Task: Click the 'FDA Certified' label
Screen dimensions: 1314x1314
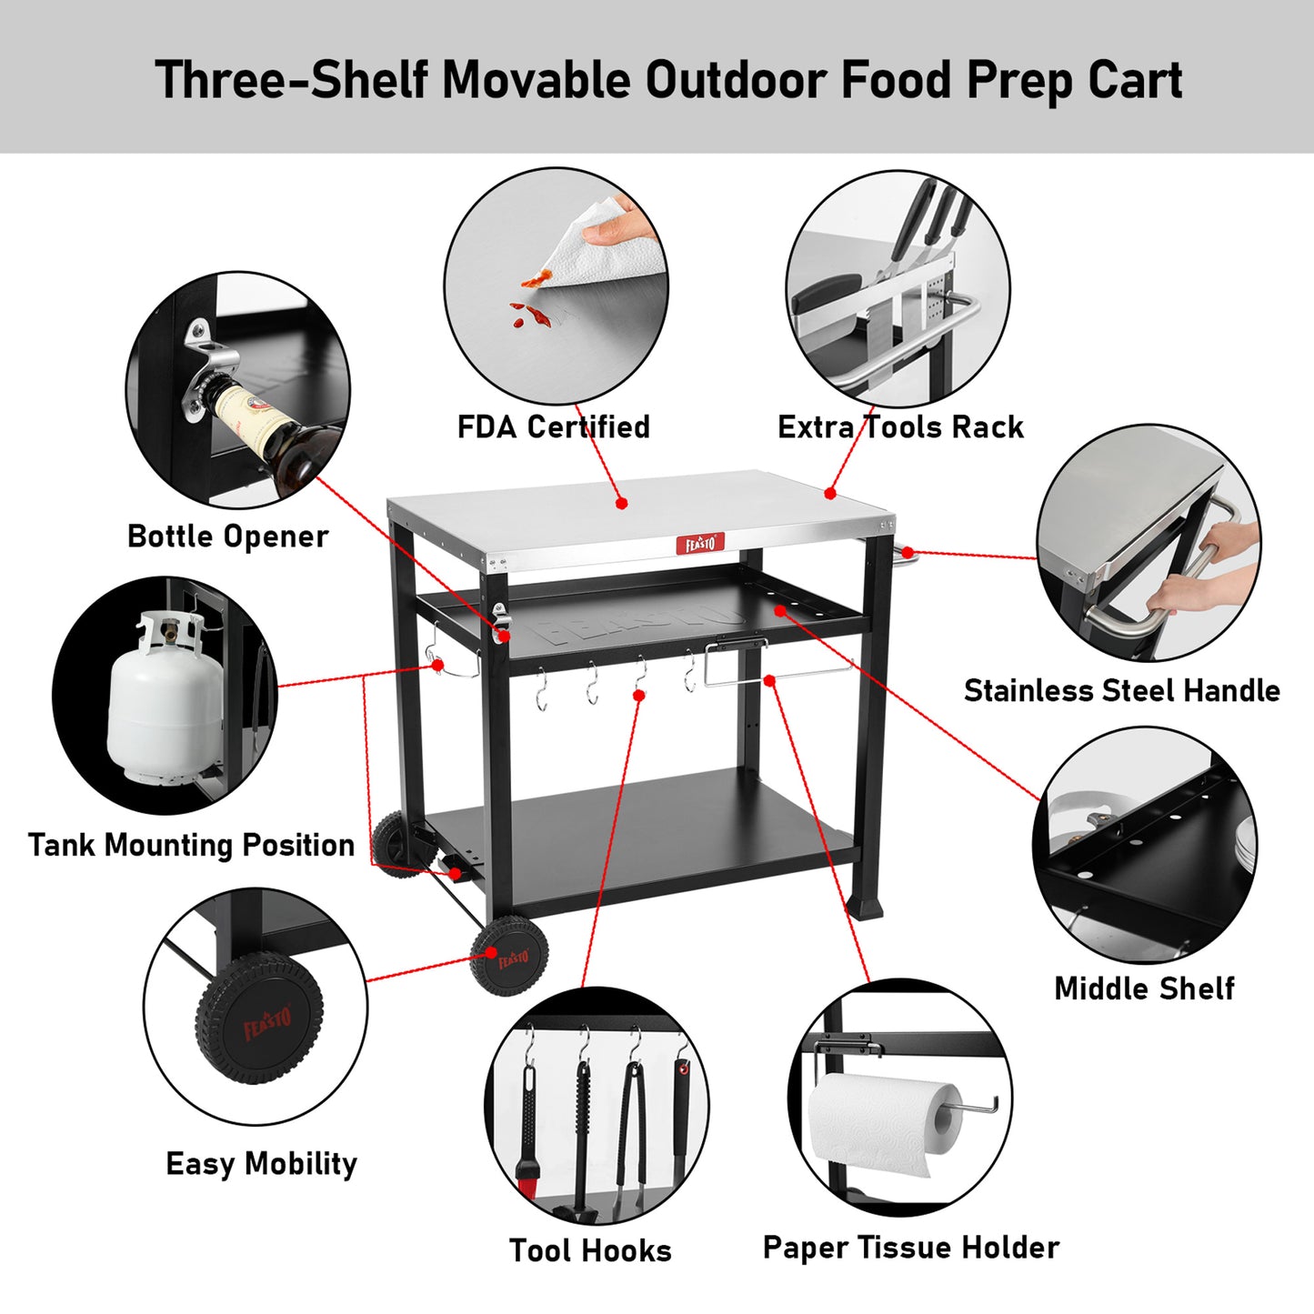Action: [x=553, y=427]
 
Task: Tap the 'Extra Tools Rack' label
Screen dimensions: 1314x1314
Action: [x=900, y=427]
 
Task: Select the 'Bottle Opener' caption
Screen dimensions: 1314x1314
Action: [x=227, y=537]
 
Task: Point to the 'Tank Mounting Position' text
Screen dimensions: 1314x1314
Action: [x=192, y=845]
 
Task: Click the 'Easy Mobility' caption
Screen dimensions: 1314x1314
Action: [x=262, y=1163]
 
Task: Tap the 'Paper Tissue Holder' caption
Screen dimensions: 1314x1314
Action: [x=911, y=1248]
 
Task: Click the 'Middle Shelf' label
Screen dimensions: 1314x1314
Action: [x=1144, y=988]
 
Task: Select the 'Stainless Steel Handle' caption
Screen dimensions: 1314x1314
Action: [x=1122, y=691]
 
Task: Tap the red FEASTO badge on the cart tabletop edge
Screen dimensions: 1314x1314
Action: [x=699, y=544]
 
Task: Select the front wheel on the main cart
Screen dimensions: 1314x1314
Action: [x=508, y=956]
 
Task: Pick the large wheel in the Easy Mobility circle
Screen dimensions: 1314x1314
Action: [x=260, y=1018]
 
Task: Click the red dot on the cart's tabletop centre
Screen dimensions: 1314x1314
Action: [x=621, y=503]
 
